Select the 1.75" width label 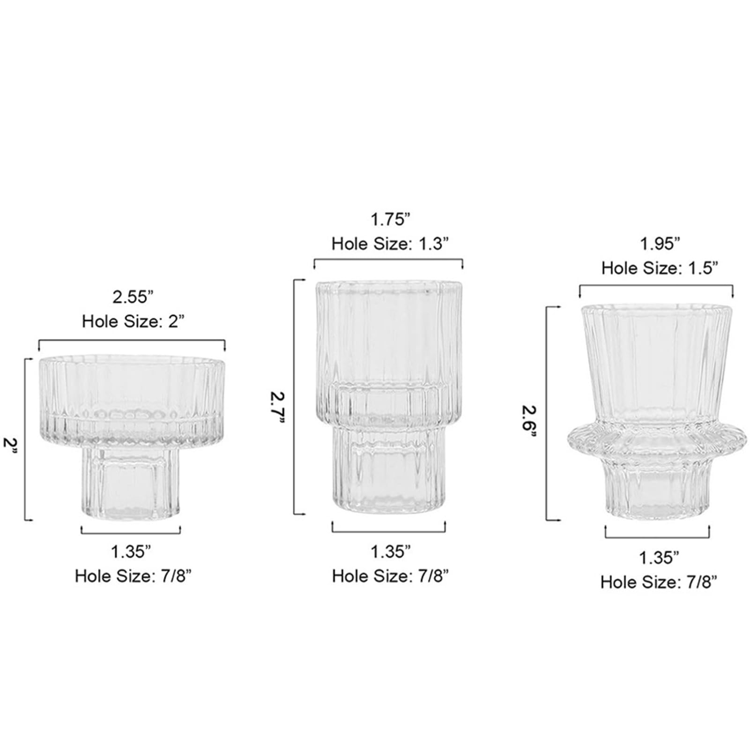[x=390, y=219]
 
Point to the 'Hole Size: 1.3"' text [x=390, y=244]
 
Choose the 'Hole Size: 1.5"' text [x=660, y=268]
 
